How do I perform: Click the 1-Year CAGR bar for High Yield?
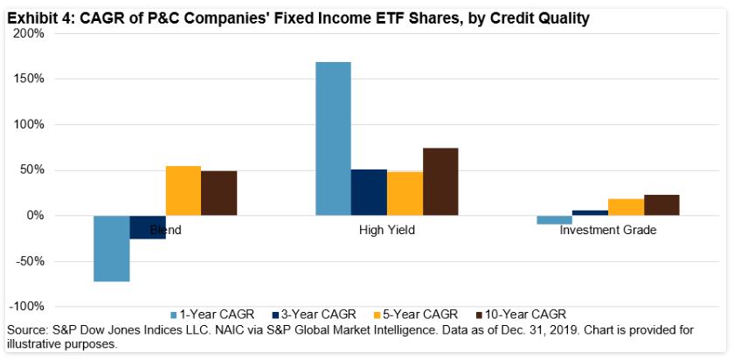[x=333, y=138]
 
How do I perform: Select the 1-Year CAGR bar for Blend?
[x=112, y=248]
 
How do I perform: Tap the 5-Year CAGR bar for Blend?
[x=183, y=190]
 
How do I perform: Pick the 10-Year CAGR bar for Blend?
[x=218, y=193]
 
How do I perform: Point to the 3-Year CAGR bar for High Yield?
[x=369, y=192]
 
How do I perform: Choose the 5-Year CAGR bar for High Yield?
[x=405, y=193]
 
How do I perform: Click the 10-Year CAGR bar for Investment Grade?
[x=661, y=204]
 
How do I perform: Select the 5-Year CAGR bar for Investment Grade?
[x=627, y=207]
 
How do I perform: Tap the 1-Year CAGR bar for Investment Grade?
[x=555, y=219]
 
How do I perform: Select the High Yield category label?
[x=387, y=231]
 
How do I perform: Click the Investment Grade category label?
[x=608, y=231]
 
